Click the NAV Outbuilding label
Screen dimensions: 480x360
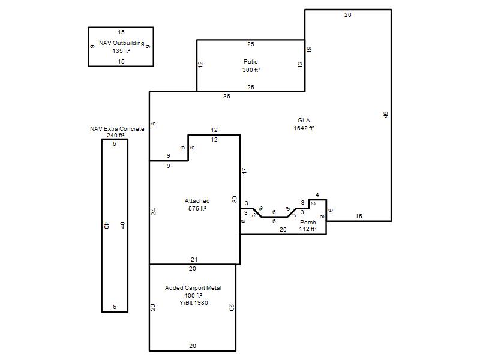point(122,43)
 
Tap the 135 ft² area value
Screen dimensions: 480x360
point(121,51)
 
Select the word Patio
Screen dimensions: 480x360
point(251,62)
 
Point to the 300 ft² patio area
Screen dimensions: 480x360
point(251,70)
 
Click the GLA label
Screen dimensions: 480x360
point(304,121)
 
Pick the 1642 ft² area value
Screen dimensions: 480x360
point(304,128)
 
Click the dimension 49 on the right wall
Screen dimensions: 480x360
point(386,115)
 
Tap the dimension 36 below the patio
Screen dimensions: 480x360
point(227,97)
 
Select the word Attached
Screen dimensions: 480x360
point(197,201)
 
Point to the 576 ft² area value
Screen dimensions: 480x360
point(197,208)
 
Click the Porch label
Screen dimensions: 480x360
point(308,222)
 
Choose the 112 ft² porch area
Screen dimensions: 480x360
point(308,229)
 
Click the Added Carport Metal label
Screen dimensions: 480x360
point(193,288)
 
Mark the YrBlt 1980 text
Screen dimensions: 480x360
point(193,303)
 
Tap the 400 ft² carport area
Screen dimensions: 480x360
point(193,295)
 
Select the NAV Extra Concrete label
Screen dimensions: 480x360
point(117,129)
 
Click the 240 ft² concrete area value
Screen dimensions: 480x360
point(115,136)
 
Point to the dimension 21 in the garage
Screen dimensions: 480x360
point(194,260)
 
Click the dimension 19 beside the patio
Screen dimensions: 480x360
point(309,49)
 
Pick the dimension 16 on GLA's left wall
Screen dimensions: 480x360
point(154,125)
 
